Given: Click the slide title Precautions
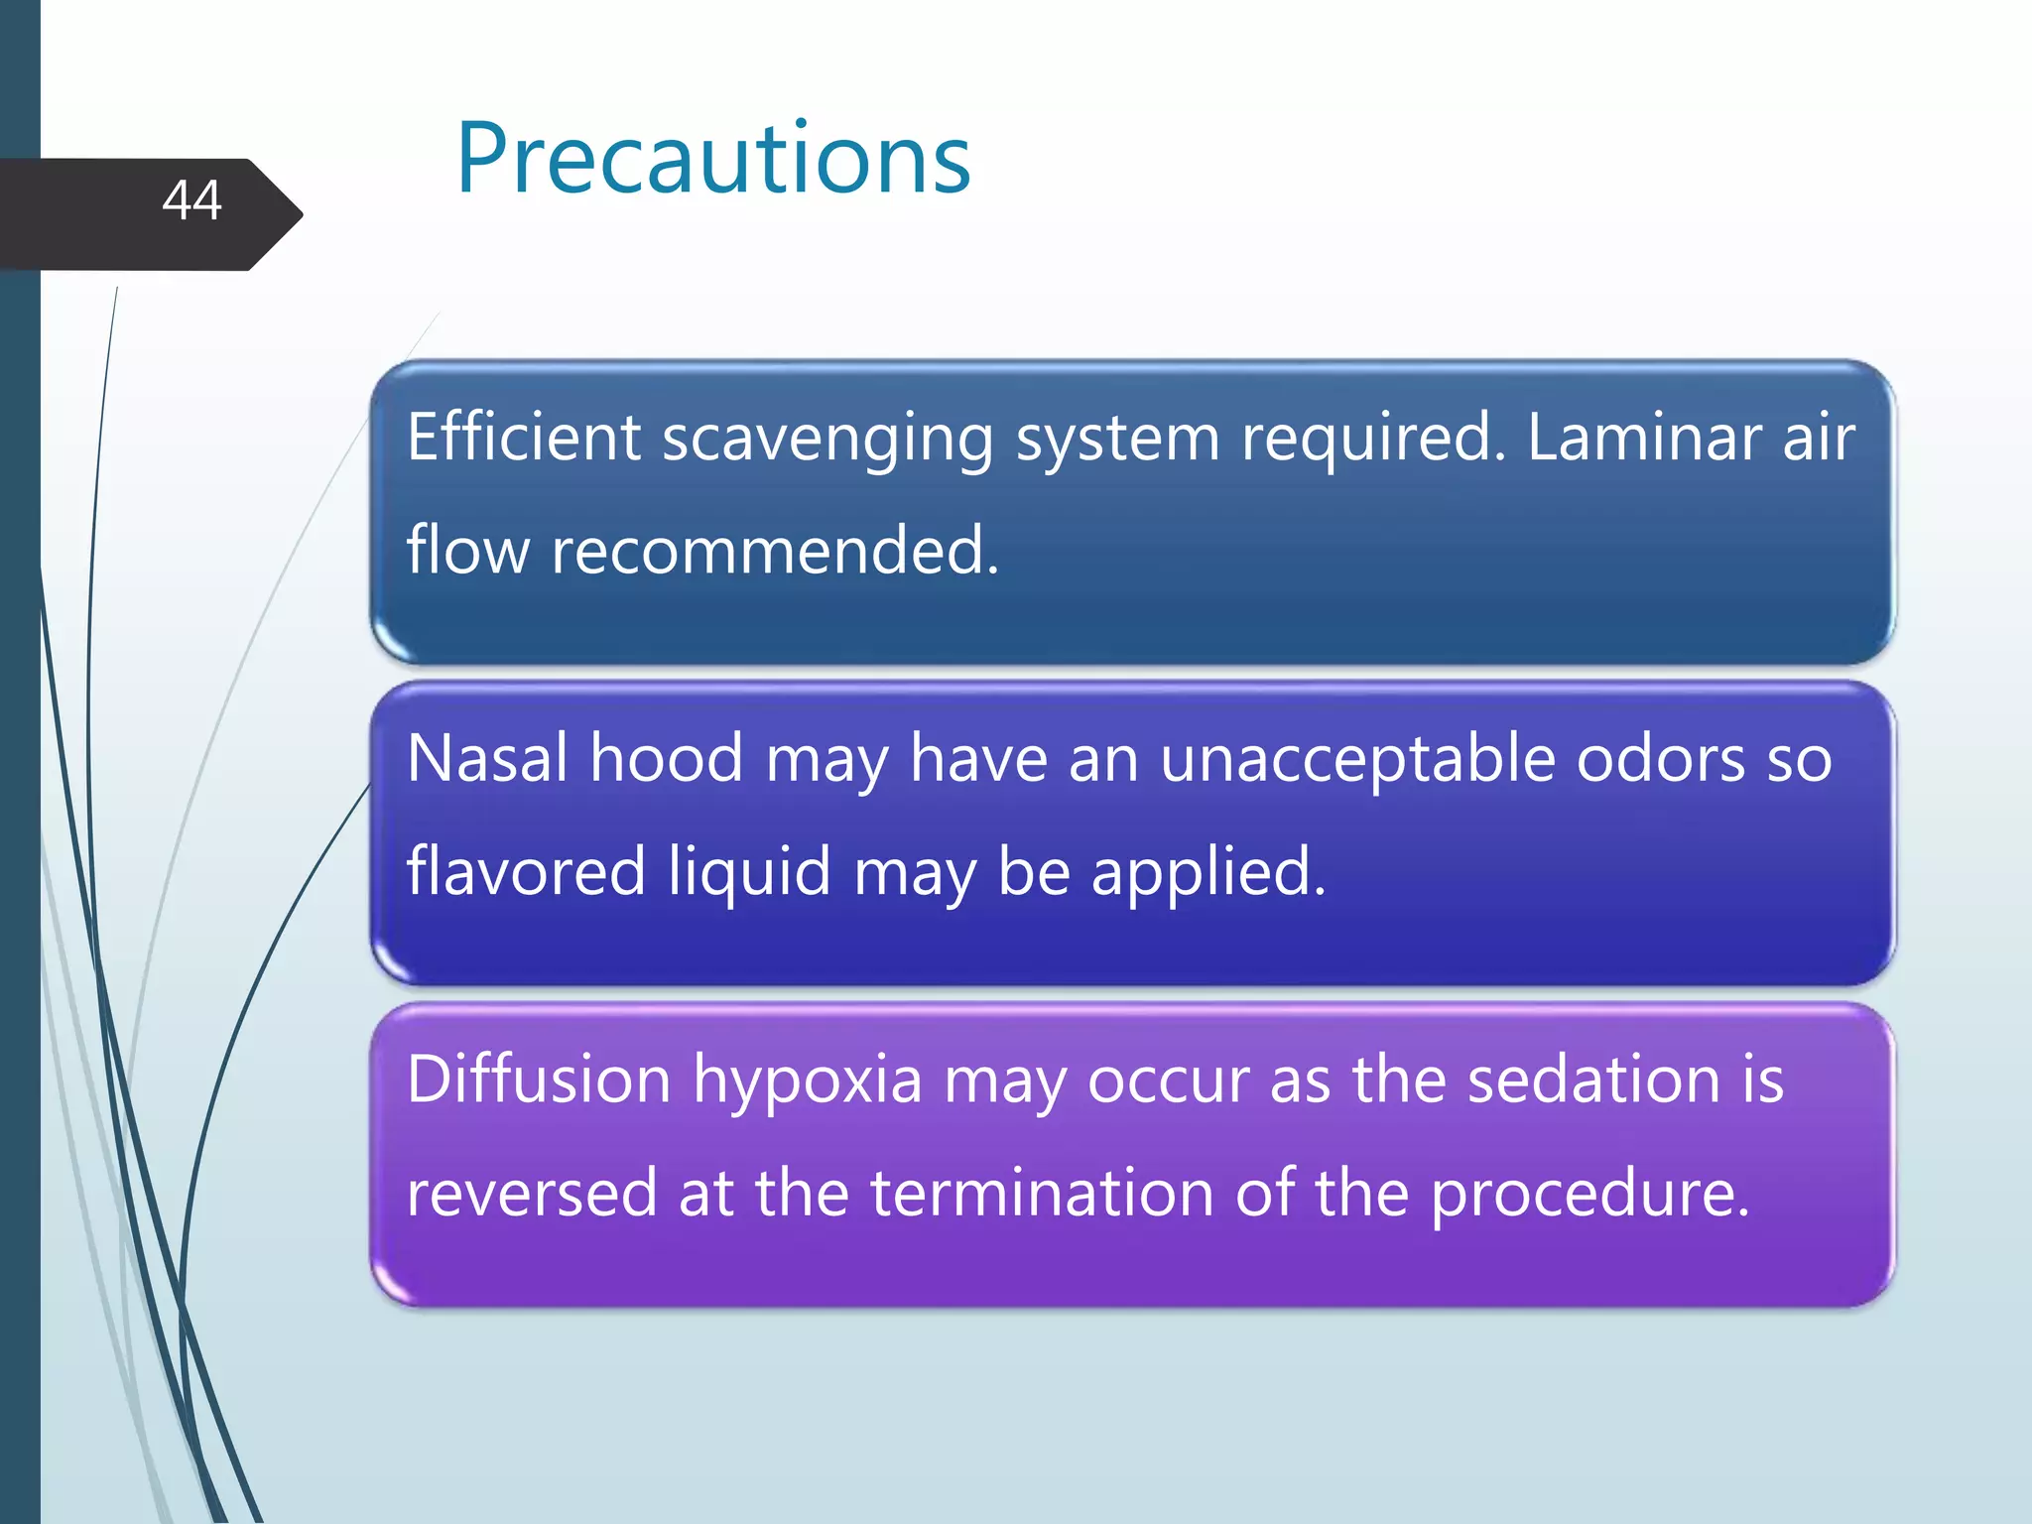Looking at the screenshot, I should (x=712, y=159).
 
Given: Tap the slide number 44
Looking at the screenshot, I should (x=191, y=200).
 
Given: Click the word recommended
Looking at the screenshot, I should (x=774, y=550).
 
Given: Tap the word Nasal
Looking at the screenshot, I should (x=487, y=758).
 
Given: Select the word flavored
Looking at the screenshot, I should (x=526, y=870).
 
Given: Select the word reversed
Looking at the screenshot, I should (x=532, y=1193).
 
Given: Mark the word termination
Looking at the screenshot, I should (x=1042, y=1193).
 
